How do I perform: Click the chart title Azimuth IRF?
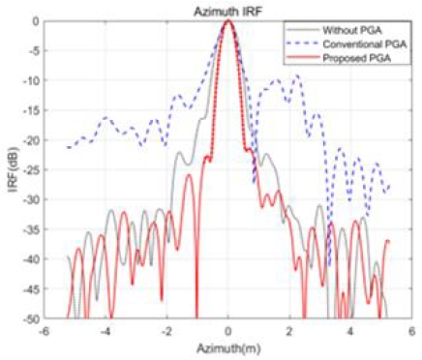[228, 10]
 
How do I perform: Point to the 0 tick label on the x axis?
[228, 330]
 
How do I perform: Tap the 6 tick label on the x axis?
[414, 330]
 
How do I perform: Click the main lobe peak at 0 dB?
[228, 21]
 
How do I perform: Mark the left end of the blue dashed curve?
[67, 147]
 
